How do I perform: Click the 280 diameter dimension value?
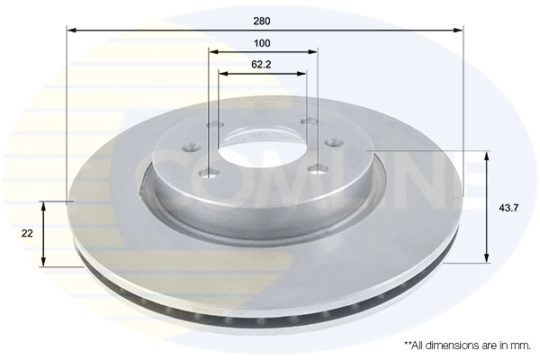pos(262,19)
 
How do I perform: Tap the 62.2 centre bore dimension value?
pos(262,64)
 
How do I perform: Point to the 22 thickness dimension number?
pos(27,233)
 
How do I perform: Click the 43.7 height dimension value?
pos(508,208)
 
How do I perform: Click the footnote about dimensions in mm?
pos(467,346)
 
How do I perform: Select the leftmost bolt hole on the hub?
pos(190,148)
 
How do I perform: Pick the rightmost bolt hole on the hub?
pos(330,142)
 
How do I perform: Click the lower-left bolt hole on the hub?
pos(209,173)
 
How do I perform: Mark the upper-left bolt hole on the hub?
pos(213,124)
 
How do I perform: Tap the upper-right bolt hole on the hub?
pos(308,121)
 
